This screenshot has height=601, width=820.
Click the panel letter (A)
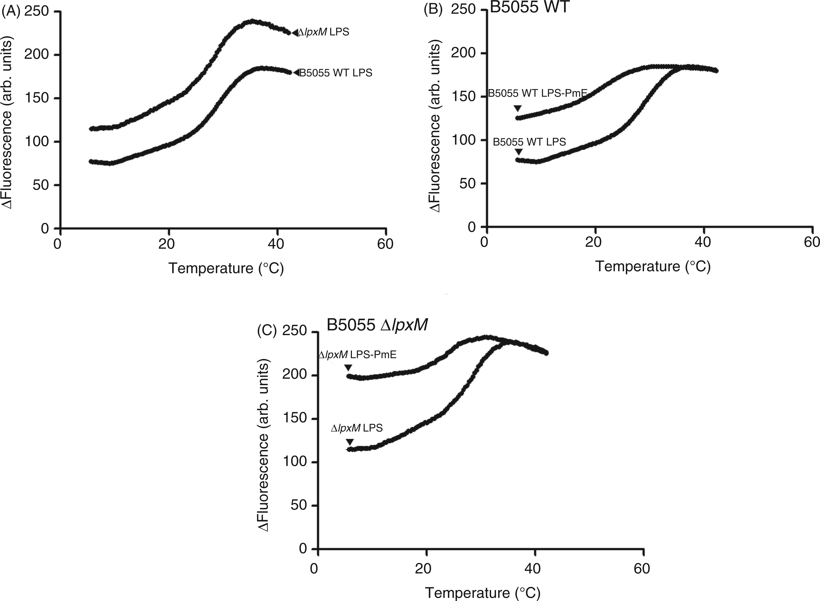tap(11, 12)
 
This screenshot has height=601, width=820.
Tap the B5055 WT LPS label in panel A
tap(335, 73)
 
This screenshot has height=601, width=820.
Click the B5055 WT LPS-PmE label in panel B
tap(538, 93)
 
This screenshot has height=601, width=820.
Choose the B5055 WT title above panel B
tap(529, 7)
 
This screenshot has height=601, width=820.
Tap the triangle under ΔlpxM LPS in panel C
tap(349, 442)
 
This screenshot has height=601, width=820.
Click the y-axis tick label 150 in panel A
tap(36, 98)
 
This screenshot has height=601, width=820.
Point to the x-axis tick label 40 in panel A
tap(276, 244)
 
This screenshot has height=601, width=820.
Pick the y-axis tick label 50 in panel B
tap(468, 183)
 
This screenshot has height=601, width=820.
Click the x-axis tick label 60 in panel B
tap(812, 242)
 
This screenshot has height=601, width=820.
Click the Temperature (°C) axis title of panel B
tap(653, 266)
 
